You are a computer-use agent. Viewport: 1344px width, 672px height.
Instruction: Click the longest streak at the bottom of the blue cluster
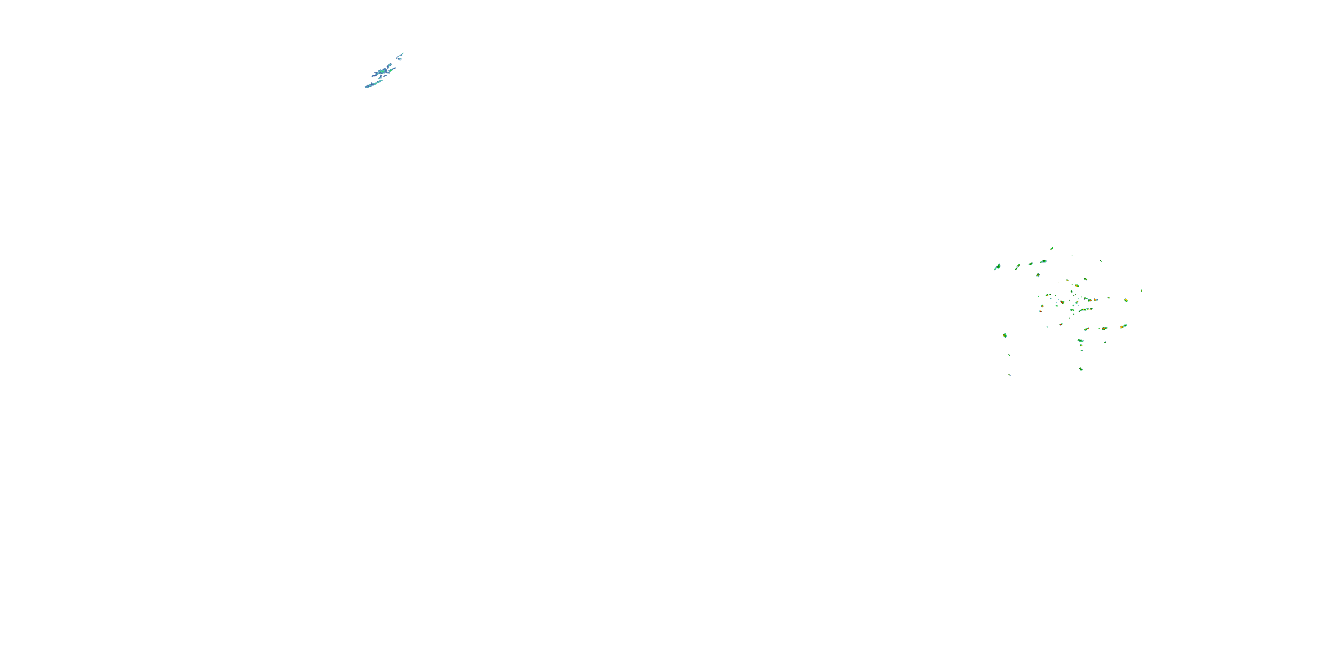[x=373, y=84]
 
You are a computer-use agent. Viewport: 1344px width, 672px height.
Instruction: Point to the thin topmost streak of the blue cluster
[x=401, y=54]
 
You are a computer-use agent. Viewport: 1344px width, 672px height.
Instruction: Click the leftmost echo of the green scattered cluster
[x=998, y=267]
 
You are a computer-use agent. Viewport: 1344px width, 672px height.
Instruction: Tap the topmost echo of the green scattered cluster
[x=1052, y=248]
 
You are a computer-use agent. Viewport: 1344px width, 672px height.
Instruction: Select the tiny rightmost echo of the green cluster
[x=1142, y=290]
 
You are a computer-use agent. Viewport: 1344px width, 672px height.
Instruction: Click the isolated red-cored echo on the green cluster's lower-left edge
[x=1005, y=336]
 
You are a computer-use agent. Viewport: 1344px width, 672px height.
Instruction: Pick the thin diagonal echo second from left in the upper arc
[x=1017, y=267]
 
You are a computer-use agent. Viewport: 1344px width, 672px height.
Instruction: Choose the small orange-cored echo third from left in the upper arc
[x=1031, y=263]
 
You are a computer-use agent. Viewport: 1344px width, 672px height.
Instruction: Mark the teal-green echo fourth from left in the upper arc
[x=1043, y=261]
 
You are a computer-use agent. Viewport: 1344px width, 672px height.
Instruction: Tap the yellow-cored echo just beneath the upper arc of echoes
[x=1038, y=275]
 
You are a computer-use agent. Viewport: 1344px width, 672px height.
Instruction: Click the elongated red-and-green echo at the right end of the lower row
[x=1123, y=326]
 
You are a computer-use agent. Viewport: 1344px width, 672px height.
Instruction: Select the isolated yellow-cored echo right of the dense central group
[x=1126, y=300]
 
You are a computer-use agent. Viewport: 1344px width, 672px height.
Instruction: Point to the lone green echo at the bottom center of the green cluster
[x=1081, y=369]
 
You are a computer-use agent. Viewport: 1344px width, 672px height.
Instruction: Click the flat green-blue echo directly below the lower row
[x=1081, y=340]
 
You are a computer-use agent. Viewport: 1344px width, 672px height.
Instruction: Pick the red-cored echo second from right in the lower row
[x=1104, y=329]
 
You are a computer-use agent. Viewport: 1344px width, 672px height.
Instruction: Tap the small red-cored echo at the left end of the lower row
[x=1062, y=324]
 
